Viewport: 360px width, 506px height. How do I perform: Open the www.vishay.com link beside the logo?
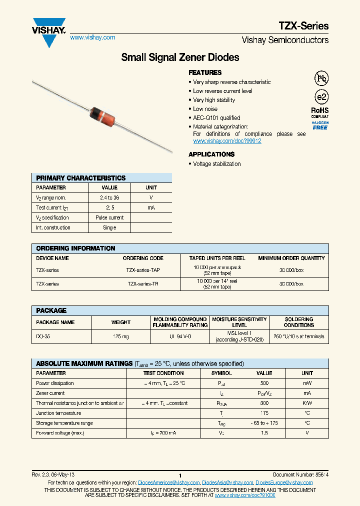[92, 37]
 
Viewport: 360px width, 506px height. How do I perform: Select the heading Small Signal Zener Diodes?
[180, 57]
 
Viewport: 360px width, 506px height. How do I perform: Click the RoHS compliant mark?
[320, 112]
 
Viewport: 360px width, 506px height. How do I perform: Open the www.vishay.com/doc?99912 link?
[227, 141]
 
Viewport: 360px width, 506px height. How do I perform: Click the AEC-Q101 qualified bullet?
[216, 118]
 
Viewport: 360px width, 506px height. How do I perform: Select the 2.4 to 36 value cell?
[109, 197]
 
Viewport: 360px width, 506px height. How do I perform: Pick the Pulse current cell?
[109, 217]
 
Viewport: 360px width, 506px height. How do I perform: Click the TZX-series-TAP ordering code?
[143, 270]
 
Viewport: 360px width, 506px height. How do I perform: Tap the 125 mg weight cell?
[121, 336]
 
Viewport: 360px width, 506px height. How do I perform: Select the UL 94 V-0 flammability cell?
[180, 336]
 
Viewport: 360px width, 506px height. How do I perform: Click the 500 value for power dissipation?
[264, 383]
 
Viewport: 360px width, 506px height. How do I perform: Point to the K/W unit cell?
[307, 403]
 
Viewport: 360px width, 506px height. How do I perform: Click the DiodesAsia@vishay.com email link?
[227, 482]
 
